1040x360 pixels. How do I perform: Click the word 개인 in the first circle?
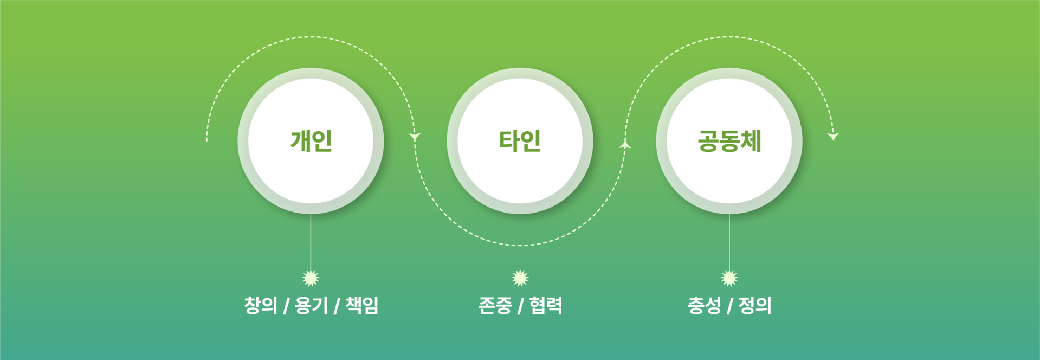[311, 141]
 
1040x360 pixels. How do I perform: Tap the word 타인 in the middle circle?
[520, 141]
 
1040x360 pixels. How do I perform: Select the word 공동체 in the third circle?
[729, 141]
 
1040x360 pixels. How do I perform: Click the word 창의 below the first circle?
[261, 305]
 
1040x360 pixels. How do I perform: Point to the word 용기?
[311, 305]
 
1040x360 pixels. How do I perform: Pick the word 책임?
[361, 305]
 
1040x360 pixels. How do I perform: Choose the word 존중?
[495, 305]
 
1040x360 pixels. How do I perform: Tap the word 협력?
[546, 305]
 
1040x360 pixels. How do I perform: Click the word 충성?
[704, 305]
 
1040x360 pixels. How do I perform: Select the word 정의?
[755, 305]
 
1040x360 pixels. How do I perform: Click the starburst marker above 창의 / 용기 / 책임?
[311, 278]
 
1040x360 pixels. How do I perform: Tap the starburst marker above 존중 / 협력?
[520, 278]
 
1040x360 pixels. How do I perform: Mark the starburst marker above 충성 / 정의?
[729, 278]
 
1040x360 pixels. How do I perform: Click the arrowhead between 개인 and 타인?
[415, 137]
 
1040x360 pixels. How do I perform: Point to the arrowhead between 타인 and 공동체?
[625, 144]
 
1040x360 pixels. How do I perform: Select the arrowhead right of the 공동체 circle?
[833, 136]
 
